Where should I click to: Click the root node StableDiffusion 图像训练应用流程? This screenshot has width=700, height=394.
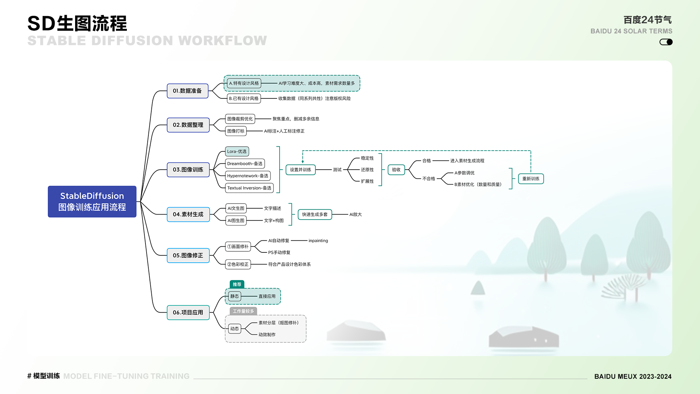92,201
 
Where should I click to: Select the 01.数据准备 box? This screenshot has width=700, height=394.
187,91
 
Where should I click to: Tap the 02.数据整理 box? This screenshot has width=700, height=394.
188,125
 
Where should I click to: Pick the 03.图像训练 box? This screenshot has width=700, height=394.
188,170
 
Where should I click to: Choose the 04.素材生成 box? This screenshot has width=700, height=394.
188,215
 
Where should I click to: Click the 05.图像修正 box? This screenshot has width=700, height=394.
188,255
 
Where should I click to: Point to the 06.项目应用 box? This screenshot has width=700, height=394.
188,313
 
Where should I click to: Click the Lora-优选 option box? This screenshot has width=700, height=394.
237,151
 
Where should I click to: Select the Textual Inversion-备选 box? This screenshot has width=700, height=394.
249,188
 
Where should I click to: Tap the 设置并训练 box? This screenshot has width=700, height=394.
300,170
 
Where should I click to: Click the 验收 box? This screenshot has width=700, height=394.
396,170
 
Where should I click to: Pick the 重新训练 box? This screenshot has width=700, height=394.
531,179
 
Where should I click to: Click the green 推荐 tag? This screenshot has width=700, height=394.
237,284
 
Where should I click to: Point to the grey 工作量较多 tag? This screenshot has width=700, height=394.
243,311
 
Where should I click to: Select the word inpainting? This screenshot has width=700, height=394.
318,241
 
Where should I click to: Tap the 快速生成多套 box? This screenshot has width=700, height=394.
315,215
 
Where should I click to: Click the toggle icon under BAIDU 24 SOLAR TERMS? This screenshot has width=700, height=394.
666,42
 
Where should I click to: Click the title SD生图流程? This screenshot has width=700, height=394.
77,23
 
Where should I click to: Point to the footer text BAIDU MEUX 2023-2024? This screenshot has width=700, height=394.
633,376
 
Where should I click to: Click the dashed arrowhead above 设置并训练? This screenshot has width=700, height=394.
303,161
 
